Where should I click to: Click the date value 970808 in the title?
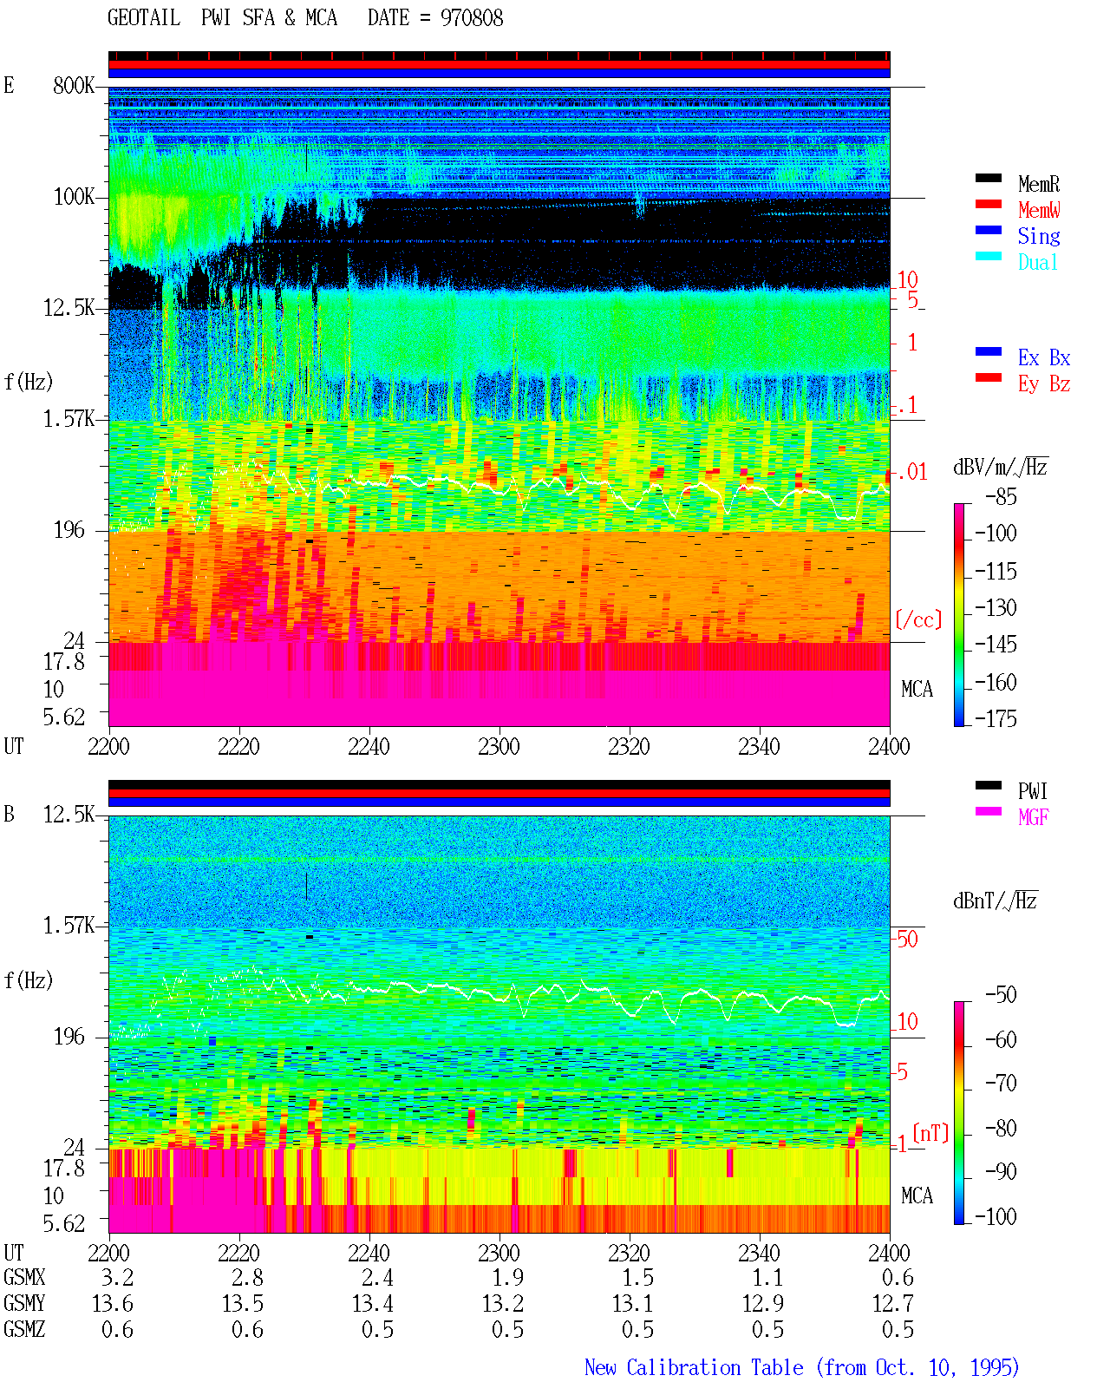coord(471,18)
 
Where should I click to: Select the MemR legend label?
coord(1038,184)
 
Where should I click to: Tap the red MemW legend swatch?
coord(988,204)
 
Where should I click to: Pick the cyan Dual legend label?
coord(1037,262)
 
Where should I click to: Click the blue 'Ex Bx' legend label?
coord(1043,357)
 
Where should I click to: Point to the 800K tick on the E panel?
coord(74,85)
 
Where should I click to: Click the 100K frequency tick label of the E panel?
coord(74,197)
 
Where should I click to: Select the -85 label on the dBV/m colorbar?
coord(1001,496)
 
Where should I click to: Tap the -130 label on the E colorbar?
coord(996,607)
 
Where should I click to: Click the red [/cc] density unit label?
coord(918,619)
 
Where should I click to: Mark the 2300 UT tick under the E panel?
coord(499,746)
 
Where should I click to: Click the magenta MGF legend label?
coord(1033,817)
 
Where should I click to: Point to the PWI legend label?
coord(1032,790)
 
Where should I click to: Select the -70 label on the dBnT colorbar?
coord(1001,1084)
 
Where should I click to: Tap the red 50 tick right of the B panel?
coord(907,939)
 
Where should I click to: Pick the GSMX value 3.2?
coord(118,1277)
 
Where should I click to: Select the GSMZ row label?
coord(24,1329)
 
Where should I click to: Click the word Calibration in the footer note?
coord(715,1368)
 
